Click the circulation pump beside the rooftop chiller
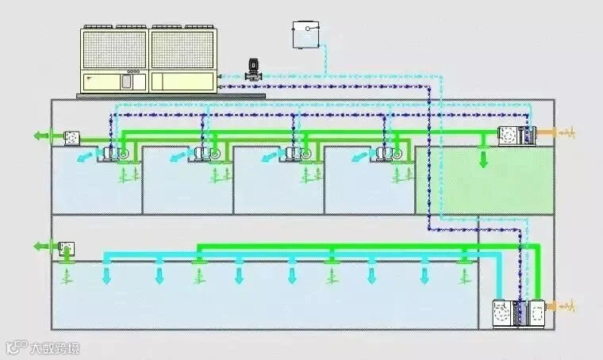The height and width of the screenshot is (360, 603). click(x=252, y=69)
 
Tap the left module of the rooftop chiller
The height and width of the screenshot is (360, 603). click(x=116, y=59)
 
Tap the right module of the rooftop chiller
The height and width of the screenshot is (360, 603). click(x=183, y=59)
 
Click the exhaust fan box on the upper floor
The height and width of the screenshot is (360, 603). click(x=74, y=137)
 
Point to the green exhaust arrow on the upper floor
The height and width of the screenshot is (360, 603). click(x=44, y=136)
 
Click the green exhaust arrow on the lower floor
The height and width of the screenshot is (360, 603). click(x=44, y=247)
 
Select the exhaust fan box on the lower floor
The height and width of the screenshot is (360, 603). click(x=67, y=249)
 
